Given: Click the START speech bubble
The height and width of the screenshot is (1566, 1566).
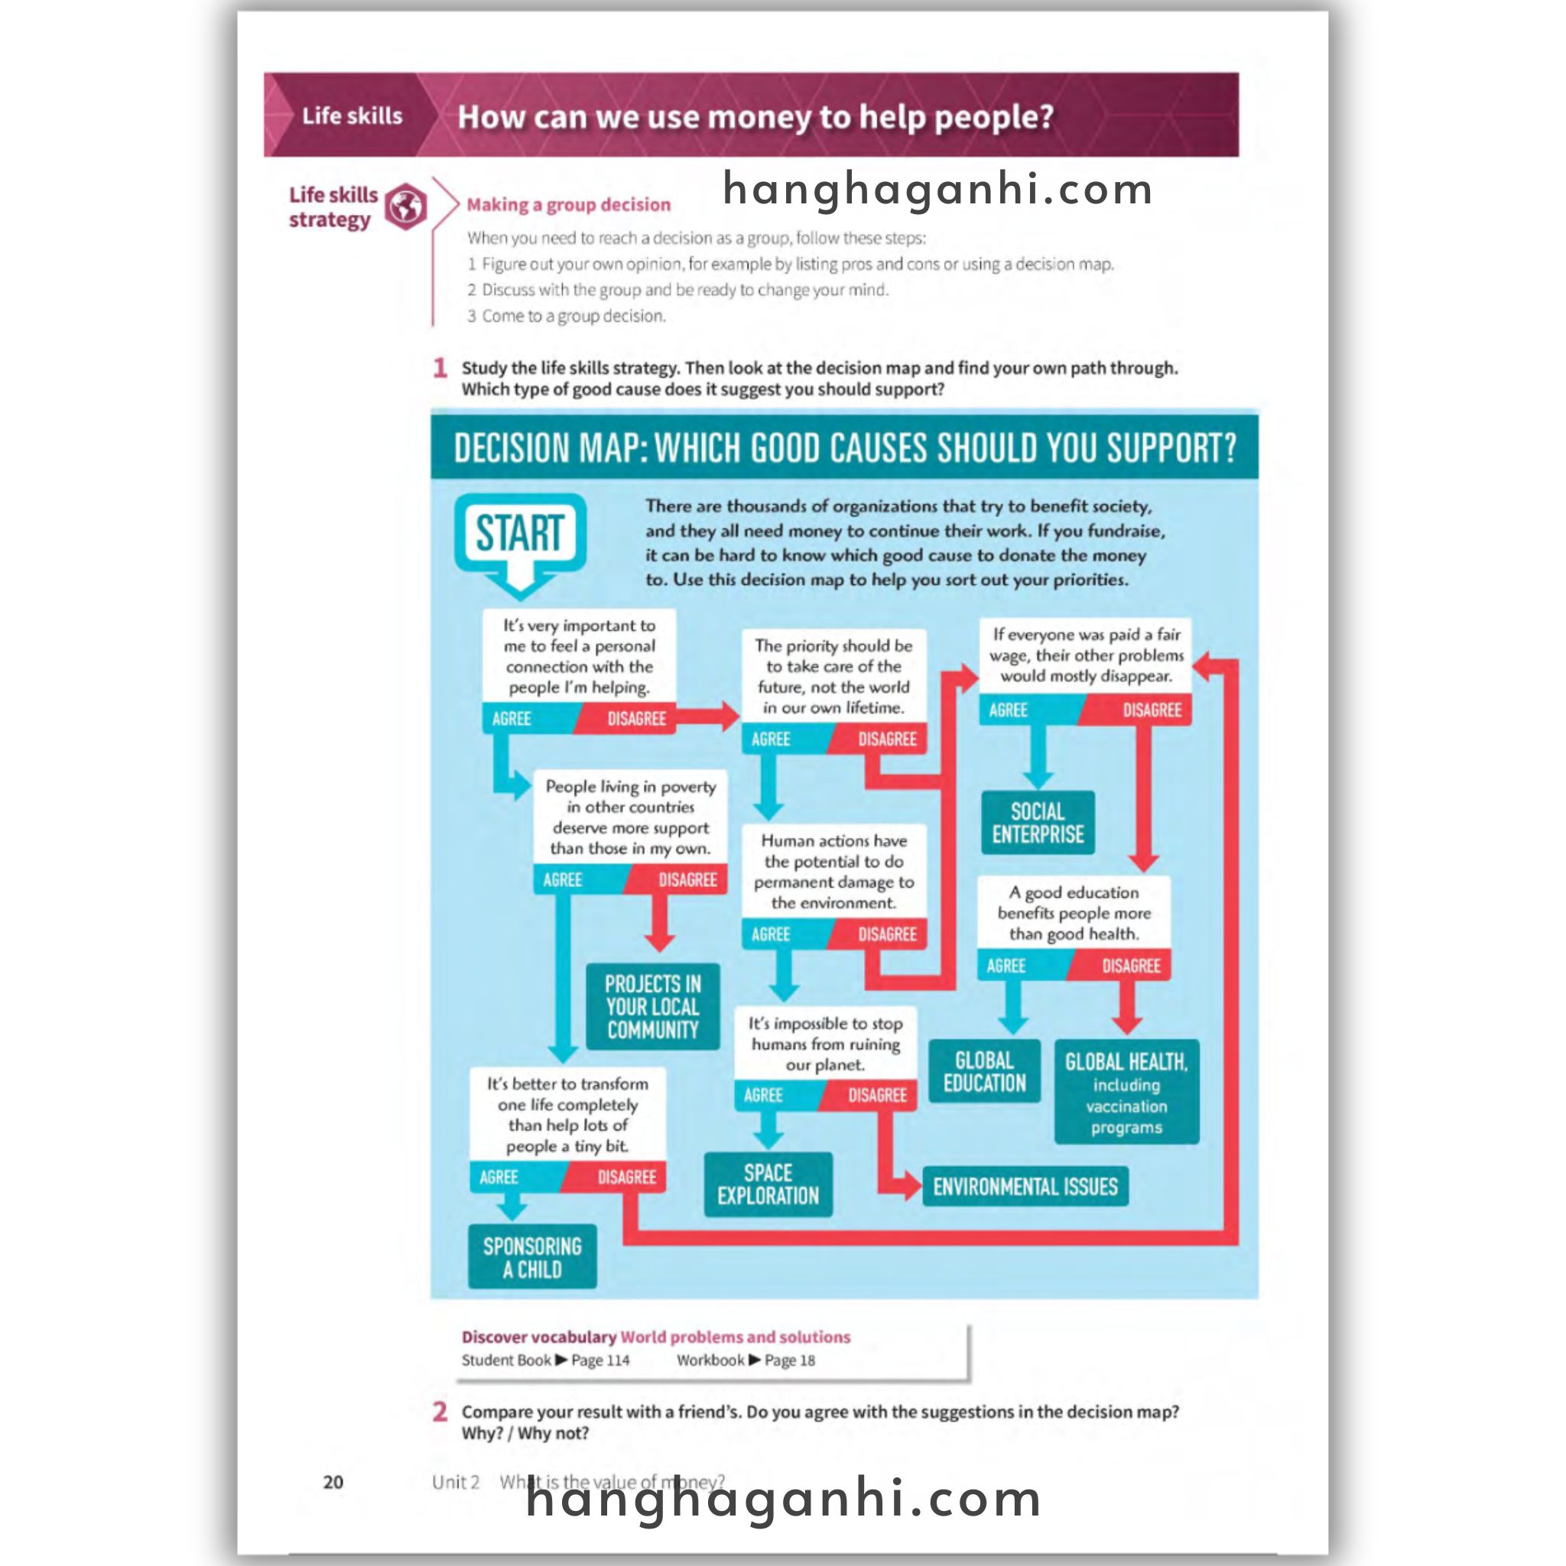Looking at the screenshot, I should point(519,534).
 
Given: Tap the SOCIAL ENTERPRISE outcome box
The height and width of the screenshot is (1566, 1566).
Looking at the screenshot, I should point(1038,823).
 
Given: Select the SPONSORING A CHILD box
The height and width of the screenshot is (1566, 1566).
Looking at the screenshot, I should point(531,1257).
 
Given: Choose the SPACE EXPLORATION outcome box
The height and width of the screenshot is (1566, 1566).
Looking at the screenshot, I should point(768,1184).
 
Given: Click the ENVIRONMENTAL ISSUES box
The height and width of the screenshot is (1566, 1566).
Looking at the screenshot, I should point(1025,1187).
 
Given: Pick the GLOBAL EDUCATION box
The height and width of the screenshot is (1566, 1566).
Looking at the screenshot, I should point(984,1071).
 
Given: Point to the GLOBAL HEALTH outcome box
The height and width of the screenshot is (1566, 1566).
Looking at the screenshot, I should point(1126,1092).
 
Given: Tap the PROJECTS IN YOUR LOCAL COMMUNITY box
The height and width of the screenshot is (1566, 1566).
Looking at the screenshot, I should point(652,1007).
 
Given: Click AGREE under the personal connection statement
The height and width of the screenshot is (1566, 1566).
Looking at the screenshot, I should point(512,719).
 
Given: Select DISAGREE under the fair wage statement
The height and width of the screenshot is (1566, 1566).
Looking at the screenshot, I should point(1151,710).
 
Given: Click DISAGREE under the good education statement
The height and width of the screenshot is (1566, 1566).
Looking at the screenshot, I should point(1131,966).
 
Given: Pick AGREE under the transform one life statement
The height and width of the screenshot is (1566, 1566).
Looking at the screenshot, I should point(499,1177).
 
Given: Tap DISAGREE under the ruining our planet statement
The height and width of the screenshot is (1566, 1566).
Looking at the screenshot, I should point(877,1095).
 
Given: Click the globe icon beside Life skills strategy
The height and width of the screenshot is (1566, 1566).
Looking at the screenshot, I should point(406,206).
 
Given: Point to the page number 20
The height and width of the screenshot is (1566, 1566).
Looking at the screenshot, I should point(333,1482).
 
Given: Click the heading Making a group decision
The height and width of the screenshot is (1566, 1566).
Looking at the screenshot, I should point(568,204).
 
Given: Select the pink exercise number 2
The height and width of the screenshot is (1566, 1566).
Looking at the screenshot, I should point(440,1412).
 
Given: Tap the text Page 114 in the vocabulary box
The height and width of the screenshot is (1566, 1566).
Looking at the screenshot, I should point(599,1360).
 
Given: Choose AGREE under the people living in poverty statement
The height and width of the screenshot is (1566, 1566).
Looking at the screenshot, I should point(563,880).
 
